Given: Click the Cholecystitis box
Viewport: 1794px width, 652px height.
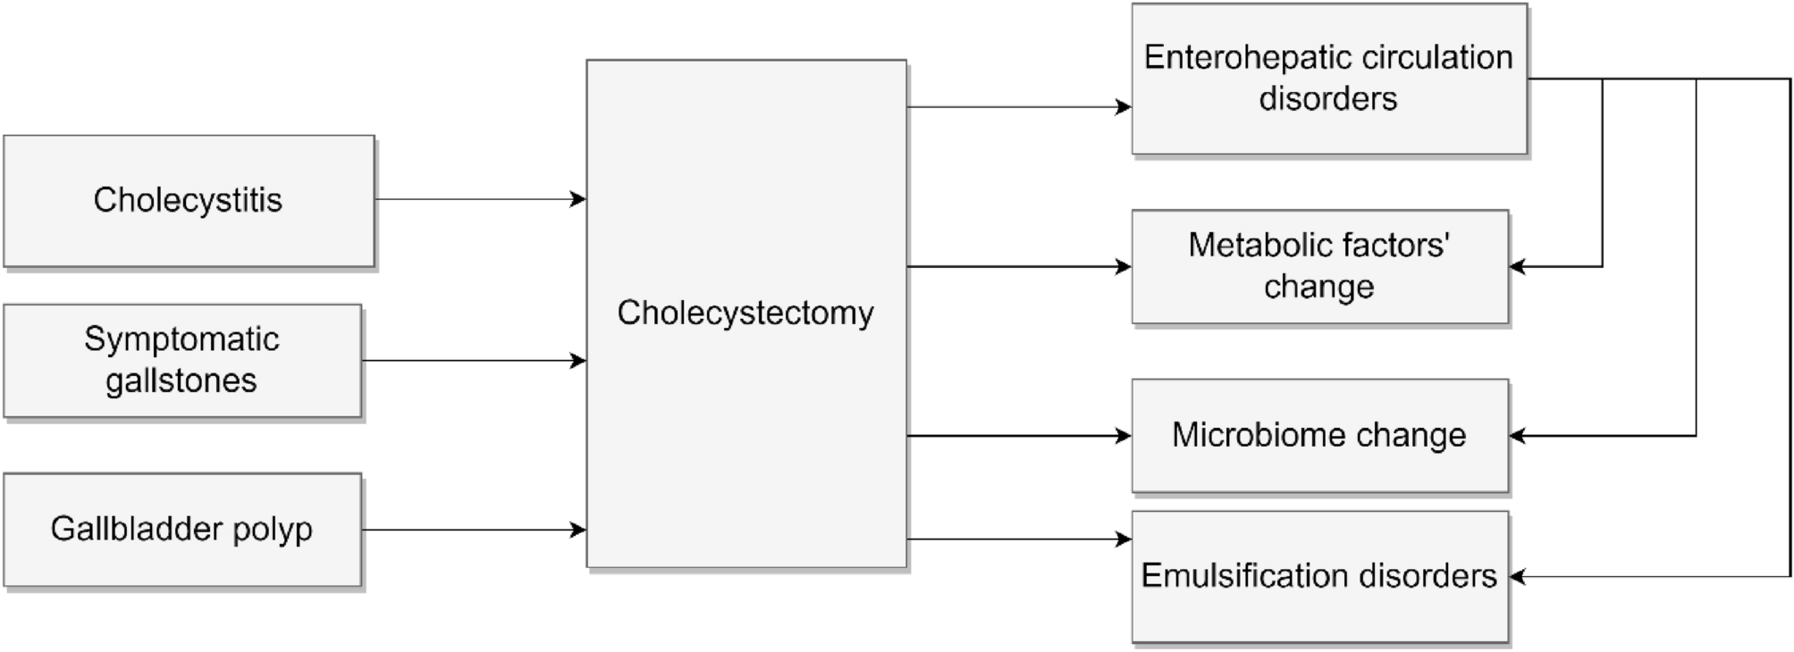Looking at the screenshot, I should pyautogui.click(x=189, y=201).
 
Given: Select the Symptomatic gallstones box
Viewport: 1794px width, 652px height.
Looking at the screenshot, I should pyautogui.click(x=182, y=361).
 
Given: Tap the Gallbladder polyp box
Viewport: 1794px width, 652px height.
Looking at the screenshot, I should pyautogui.click(x=182, y=530).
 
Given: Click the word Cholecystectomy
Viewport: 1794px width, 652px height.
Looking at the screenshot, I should pyautogui.click(x=745, y=313).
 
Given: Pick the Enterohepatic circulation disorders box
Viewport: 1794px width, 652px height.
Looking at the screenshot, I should pyautogui.click(x=1328, y=79).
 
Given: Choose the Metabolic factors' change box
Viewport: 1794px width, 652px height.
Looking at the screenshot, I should pyautogui.click(x=1319, y=266).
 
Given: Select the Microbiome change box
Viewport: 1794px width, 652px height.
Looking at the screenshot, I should pyautogui.click(x=1319, y=436).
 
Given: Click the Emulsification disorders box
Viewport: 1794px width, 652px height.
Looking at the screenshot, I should pyautogui.click(x=1319, y=576).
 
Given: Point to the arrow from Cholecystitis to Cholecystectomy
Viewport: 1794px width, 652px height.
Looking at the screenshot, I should pyautogui.click(x=480, y=199).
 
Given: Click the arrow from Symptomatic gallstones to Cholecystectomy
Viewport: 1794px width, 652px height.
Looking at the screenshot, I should pyautogui.click(x=474, y=361).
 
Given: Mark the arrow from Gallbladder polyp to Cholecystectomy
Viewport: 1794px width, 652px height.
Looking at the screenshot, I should pyautogui.click(x=474, y=531).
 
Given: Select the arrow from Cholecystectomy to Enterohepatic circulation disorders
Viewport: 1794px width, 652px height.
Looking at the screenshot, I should pyautogui.click(x=1019, y=107).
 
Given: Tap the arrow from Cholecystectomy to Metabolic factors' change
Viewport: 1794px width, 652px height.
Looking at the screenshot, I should pyautogui.click(x=1019, y=266).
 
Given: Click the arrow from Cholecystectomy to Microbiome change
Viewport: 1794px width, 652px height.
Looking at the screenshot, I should pyautogui.click(x=1019, y=436).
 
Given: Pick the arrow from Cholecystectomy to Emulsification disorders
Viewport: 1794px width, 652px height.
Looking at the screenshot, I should pyautogui.click(x=1019, y=539).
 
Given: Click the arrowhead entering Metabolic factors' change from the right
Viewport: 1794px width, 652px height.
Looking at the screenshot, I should pyautogui.click(x=1517, y=266).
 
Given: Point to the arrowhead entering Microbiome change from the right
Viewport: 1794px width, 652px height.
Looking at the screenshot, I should pyautogui.click(x=1517, y=436).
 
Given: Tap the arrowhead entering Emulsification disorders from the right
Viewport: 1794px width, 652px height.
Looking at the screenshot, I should pyautogui.click(x=1517, y=577).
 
